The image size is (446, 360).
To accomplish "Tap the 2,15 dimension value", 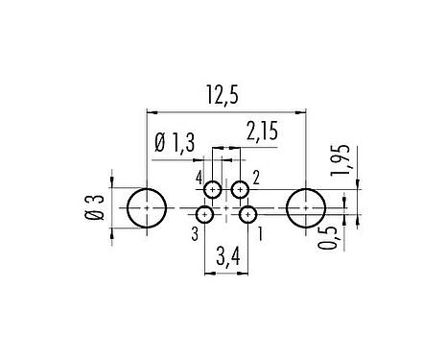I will [x=262, y=132].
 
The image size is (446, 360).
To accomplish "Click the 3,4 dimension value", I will [x=227, y=256].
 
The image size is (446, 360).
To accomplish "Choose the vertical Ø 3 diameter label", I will [x=94, y=205].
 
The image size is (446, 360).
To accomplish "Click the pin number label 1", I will [x=262, y=232].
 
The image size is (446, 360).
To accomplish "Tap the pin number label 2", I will [x=256, y=180].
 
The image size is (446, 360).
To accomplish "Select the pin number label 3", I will [x=194, y=232].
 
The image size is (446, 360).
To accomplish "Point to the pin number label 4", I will [x=199, y=180].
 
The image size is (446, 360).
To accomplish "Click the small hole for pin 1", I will [x=247, y=214].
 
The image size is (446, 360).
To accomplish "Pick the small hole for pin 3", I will [x=206, y=214].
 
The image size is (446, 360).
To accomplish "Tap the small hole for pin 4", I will [x=214, y=188].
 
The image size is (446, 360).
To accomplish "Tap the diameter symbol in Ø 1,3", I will [x=159, y=145].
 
